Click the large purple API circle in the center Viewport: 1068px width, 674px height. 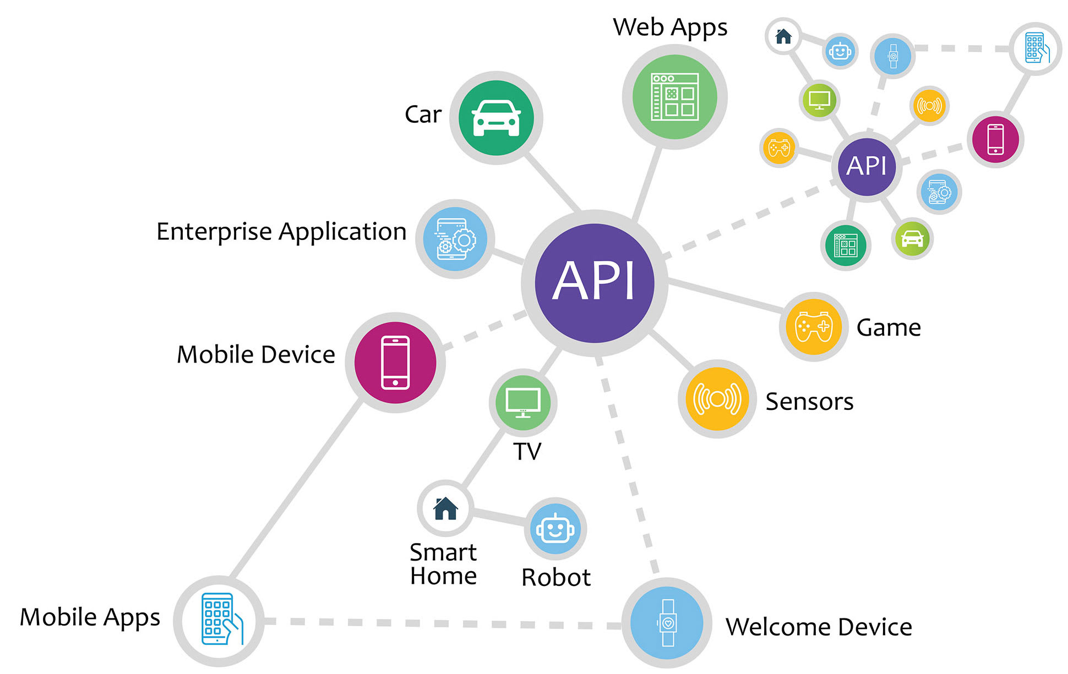595,283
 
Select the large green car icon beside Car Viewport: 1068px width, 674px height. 496,118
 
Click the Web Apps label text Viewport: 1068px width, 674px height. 670,28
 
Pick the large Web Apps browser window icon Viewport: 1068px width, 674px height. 675,97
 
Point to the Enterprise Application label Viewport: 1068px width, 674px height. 281,232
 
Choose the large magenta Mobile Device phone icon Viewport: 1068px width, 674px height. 395,363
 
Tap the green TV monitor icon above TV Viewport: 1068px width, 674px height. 523,403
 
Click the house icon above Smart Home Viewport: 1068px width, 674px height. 445,508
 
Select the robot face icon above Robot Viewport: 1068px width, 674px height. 555,529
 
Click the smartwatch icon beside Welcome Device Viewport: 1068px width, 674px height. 667,623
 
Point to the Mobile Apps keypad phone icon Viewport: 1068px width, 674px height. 219,621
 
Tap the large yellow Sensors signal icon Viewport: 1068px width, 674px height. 717,399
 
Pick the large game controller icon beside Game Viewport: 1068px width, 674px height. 814,327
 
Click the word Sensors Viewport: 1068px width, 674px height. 809,402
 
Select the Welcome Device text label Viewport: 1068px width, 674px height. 819,627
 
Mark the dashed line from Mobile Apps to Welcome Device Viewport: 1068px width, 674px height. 440,623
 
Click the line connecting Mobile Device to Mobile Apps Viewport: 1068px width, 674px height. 297,490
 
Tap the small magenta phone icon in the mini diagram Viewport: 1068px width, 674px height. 995,139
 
